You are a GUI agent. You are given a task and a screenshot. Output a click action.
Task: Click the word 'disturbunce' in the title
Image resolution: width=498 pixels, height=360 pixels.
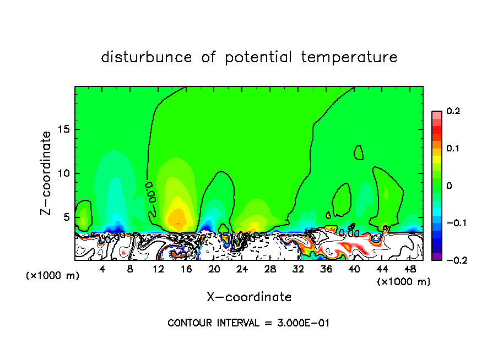pos(147,57)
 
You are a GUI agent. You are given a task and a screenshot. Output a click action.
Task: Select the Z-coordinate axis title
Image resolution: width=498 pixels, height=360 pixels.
pos(47,173)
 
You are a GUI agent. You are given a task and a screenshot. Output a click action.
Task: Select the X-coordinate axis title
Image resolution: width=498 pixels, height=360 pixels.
pos(249,297)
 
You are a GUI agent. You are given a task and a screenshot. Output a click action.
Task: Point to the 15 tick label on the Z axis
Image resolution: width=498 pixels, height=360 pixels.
pos(63,130)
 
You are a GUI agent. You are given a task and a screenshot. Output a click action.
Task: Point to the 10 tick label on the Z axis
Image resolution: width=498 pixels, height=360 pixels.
pos(63,173)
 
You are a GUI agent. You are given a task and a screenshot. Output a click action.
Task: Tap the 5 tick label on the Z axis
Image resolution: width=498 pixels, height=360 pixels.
pos(66,217)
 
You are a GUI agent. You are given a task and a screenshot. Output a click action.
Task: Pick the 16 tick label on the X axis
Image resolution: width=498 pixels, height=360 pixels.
pos(186,269)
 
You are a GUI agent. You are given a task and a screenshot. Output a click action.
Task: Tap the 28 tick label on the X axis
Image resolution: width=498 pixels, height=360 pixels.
pos(270,269)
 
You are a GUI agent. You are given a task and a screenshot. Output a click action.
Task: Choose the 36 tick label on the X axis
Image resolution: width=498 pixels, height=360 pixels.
pos(326,269)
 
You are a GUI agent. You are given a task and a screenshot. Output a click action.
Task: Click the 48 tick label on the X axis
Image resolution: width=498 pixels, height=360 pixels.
pos(410,269)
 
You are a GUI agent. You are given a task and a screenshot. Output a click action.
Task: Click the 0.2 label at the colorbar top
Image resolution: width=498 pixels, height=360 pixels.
pos(453,111)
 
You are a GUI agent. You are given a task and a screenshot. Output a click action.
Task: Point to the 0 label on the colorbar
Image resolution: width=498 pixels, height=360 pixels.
pos(450,186)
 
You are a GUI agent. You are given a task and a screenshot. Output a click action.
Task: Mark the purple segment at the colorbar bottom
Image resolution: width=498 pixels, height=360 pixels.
pos(437,256)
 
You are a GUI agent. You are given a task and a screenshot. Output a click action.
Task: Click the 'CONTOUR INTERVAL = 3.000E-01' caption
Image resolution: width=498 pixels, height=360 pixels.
pos(248,323)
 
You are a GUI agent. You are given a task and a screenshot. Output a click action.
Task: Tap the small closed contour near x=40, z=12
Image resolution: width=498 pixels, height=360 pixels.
pos(359,152)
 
